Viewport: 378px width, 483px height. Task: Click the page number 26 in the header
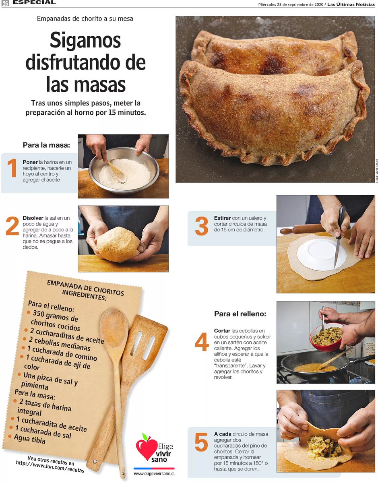pos(5,3)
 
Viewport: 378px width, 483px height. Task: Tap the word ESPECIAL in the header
pos(34,2)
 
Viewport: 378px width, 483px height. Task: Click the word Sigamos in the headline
pos(85,40)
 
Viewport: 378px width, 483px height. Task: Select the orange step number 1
pos(12,168)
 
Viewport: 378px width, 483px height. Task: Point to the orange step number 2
pos(12,226)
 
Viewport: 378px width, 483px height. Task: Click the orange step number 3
pos(202,226)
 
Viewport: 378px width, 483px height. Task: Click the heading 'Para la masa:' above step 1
pos(46,145)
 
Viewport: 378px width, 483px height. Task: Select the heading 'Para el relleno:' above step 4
pos(240,314)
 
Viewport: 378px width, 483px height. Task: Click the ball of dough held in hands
pos(118,244)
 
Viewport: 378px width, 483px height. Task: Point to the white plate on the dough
pos(322,255)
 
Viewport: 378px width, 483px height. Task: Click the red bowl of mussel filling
pos(326,337)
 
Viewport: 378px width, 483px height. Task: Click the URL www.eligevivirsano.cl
pos(154,473)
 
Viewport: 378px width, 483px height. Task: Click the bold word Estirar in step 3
pos(222,218)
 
